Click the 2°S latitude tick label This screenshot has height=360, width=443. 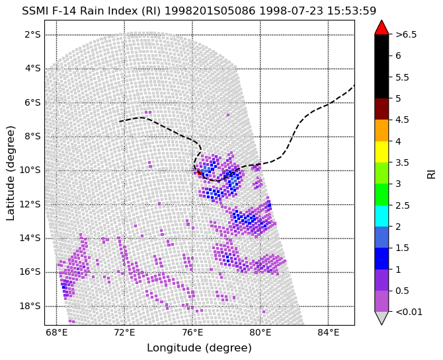33,35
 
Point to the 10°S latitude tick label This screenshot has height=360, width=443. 30,170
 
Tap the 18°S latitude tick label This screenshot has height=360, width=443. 30,306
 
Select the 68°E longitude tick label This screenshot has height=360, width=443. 57,333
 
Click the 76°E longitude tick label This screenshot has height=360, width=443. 192,333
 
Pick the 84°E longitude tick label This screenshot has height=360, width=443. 329,333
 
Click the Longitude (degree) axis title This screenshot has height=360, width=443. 199,348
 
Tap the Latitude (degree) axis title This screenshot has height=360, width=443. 10,173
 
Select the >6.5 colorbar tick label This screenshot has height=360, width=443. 406,35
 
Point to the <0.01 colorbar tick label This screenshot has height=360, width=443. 409,312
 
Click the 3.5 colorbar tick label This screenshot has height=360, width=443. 402,162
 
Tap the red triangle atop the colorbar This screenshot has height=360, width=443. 382,27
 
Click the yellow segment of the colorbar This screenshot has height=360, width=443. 382,152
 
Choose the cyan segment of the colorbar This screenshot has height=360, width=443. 382,216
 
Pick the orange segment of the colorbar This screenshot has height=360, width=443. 382,130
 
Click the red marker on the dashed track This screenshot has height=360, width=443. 199,172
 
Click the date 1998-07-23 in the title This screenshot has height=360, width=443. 291,11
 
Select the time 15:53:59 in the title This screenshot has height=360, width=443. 352,11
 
